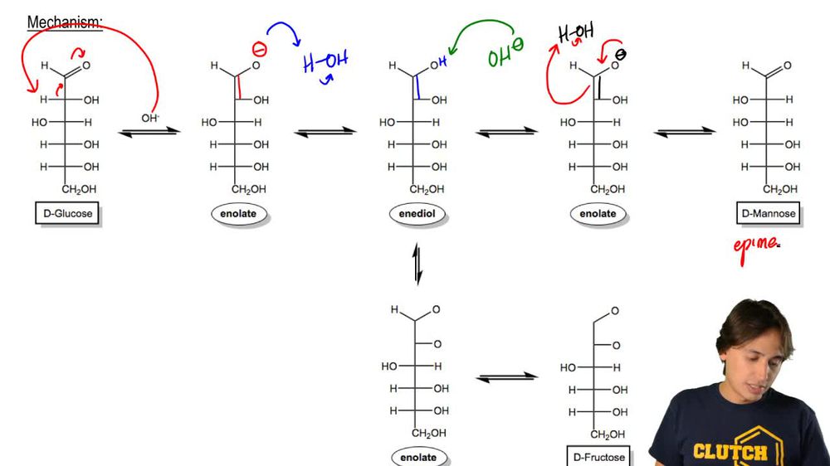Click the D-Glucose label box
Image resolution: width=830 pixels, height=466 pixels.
point(68,214)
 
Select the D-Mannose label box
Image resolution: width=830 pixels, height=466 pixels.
point(768,214)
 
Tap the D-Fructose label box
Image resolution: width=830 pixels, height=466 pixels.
point(598,457)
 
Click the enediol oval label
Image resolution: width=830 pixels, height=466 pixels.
point(417,214)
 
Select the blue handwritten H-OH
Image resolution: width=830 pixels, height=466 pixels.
point(325,62)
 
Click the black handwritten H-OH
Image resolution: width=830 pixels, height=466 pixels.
point(576,34)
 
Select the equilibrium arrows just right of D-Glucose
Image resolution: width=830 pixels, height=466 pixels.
point(150,131)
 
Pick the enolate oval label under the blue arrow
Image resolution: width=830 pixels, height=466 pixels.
point(237,214)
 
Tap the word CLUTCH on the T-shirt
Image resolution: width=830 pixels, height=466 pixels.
point(730,452)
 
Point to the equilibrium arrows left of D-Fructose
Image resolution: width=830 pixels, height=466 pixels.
point(507,377)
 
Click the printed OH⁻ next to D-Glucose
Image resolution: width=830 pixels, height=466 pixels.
point(150,118)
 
